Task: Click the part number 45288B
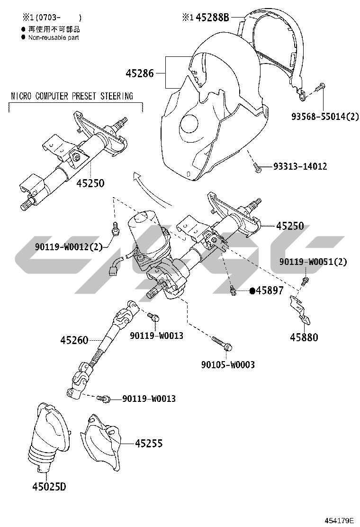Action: pyautogui.click(x=212, y=17)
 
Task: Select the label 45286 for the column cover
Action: pyautogui.click(x=140, y=73)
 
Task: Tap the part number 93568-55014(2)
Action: pyautogui.click(x=325, y=117)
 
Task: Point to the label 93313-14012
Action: pyautogui.click(x=300, y=166)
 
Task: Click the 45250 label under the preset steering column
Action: pyautogui.click(x=90, y=183)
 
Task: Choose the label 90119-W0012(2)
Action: pyautogui.click(x=69, y=247)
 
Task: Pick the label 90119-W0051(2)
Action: pyautogui.click(x=313, y=262)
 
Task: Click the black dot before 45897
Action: pyautogui.click(x=252, y=291)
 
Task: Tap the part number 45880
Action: pyautogui.click(x=304, y=337)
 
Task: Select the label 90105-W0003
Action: pyautogui.click(x=228, y=364)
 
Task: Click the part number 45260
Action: pyautogui.click(x=74, y=340)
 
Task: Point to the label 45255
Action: pyautogui.click(x=149, y=443)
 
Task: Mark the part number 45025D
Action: pyautogui.click(x=49, y=486)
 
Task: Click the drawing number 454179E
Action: pyautogui.click(x=339, y=521)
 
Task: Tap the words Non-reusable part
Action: pyautogui.click(x=54, y=37)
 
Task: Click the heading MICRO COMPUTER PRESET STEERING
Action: pyautogui.click(x=72, y=96)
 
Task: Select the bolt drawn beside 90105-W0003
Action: pyautogui.click(x=222, y=344)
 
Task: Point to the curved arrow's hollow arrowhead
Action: pyautogui.click(x=137, y=177)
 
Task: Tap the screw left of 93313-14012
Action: pyautogui.click(x=258, y=167)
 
